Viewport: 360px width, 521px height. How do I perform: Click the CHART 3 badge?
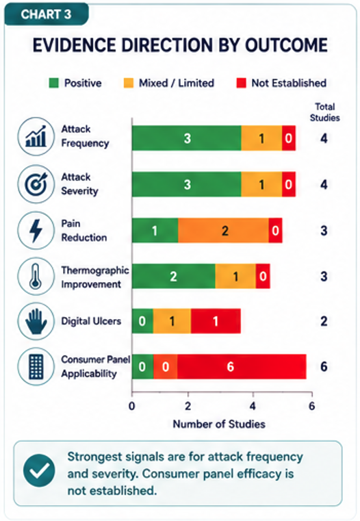(x=46, y=14)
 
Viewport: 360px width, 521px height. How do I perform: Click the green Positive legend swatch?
(x=54, y=83)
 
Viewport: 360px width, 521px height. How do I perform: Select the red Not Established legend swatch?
(x=241, y=83)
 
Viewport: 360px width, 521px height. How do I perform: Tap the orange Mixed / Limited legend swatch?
(x=129, y=83)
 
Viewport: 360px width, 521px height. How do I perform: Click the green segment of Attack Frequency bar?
(x=187, y=138)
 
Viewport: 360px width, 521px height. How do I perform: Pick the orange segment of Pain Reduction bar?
(x=223, y=231)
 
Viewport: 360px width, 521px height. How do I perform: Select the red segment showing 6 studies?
(x=242, y=366)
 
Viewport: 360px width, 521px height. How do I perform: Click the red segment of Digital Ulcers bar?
(x=216, y=321)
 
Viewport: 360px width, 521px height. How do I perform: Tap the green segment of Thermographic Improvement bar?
(x=174, y=276)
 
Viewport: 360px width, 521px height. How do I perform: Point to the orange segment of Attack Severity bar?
(x=261, y=184)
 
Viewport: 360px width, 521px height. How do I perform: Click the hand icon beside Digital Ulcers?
(x=36, y=321)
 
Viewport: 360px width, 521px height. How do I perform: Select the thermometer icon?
(x=36, y=276)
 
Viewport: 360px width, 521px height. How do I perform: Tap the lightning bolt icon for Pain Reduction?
(x=36, y=231)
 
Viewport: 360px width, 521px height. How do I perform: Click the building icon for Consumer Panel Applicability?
(x=36, y=366)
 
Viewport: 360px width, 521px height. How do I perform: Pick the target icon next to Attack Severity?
(x=36, y=184)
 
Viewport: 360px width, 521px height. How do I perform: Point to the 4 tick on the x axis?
(x=253, y=406)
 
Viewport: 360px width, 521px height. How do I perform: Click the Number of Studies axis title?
(x=219, y=424)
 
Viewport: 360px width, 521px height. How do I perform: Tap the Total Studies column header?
(x=325, y=112)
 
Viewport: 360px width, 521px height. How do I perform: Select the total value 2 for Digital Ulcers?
(x=324, y=321)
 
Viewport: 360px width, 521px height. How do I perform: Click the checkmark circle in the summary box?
(x=39, y=471)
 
